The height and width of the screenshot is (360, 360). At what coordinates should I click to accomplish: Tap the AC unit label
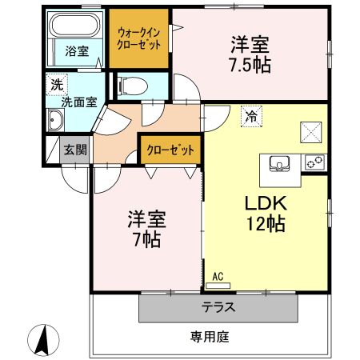216,277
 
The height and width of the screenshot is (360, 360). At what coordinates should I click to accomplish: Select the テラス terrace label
218,306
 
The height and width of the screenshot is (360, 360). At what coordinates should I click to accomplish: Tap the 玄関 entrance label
76,148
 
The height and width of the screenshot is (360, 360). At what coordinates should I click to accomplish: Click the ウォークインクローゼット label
139,38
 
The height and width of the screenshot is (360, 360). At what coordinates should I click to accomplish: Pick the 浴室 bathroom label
77,52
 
